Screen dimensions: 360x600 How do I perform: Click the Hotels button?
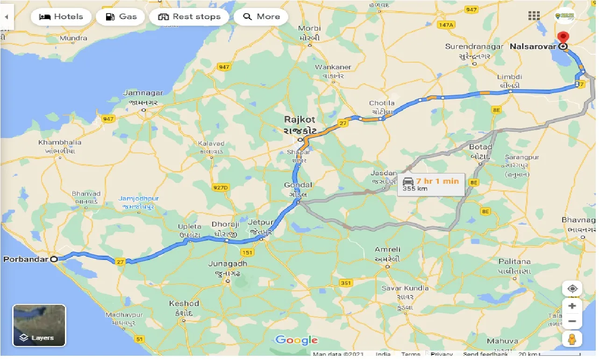point(61,17)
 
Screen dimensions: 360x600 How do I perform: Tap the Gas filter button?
point(121,17)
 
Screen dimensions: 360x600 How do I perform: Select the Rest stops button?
point(189,17)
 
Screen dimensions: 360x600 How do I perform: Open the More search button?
point(261,17)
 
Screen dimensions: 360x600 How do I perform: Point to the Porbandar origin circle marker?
point(54,259)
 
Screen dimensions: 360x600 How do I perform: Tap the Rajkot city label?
point(300,120)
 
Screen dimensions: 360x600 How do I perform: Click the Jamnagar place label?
point(143,93)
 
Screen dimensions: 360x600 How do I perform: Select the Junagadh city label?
point(228,264)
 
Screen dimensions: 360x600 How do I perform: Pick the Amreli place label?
point(387,250)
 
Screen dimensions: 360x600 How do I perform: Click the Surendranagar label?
point(474,47)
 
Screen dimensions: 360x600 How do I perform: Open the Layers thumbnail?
point(39,325)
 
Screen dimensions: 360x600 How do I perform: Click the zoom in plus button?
point(572,306)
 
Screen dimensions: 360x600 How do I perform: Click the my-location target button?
point(572,288)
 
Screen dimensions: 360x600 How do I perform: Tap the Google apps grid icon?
point(534,16)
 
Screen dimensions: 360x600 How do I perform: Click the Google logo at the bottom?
point(297,340)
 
